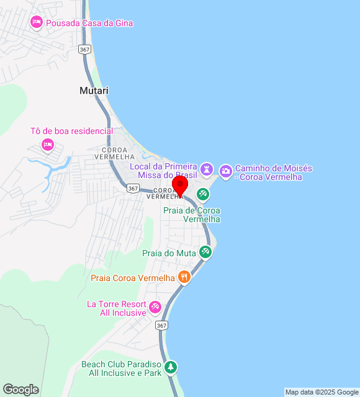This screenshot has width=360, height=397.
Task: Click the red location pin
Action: (x=181, y=185)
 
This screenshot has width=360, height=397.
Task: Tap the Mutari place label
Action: (x=94, y=91)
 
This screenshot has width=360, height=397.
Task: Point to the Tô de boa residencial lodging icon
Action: (x=47, y=145)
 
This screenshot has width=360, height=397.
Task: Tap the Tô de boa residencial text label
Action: (x=72, y=132)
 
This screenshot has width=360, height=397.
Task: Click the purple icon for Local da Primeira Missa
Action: (x=207, y=169)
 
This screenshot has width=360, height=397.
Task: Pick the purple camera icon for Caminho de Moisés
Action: (x=226, y=169)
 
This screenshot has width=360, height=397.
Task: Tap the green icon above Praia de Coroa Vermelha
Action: (x=202, y=195)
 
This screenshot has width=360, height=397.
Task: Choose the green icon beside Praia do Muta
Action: (x=205, y=252)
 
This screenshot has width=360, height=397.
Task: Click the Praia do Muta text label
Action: (x=169, y=253)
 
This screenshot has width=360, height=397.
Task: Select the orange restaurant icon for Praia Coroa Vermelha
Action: (x=184, y=277)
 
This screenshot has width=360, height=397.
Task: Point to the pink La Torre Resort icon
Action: (x=155, y=306)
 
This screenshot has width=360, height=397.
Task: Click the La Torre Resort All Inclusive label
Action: (x=117, y=308)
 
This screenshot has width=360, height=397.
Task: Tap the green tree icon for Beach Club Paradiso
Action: (x=171, y=367)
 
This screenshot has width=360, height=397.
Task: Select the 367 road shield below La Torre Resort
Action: (x=162, y=325)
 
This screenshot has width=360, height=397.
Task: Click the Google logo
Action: (x=20, y=390)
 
